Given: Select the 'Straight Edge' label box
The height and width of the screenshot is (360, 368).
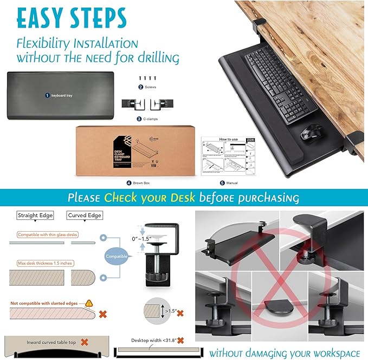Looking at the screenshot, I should pyautogui.click(x=35, y=215).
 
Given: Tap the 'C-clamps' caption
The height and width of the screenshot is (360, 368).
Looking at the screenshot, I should pyautogui.click(x=147, y=117).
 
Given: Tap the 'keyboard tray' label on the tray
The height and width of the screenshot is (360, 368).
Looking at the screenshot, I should pyautogui.click(x=60, y=95).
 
